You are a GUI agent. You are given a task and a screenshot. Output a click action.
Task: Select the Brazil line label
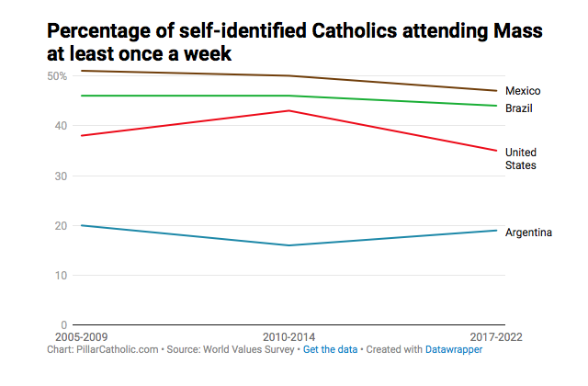click(x=520, y=108)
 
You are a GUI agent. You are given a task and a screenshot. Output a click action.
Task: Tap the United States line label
click(x=521, y=158)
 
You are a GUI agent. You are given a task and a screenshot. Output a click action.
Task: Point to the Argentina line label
click(x=529, y=233)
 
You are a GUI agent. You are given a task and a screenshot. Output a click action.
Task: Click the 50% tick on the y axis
click(x=56, y=75)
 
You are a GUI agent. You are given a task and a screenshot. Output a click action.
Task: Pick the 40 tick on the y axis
click(x=61, y=126)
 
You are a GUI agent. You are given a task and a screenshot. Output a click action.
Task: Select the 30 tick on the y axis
click(x=61, y=176)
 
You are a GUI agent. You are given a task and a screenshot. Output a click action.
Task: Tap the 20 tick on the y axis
click(x=61, y=226)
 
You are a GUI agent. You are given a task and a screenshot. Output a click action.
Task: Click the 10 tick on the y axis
click(x=61, y=276)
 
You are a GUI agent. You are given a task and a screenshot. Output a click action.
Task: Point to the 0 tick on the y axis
click(x=63, y=325)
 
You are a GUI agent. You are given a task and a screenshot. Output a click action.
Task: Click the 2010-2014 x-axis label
click(x=289, y=336)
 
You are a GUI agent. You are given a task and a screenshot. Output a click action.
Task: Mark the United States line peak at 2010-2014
click(x=290, y=111)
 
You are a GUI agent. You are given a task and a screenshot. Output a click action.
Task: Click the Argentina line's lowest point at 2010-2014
click(x=290, y=245)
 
